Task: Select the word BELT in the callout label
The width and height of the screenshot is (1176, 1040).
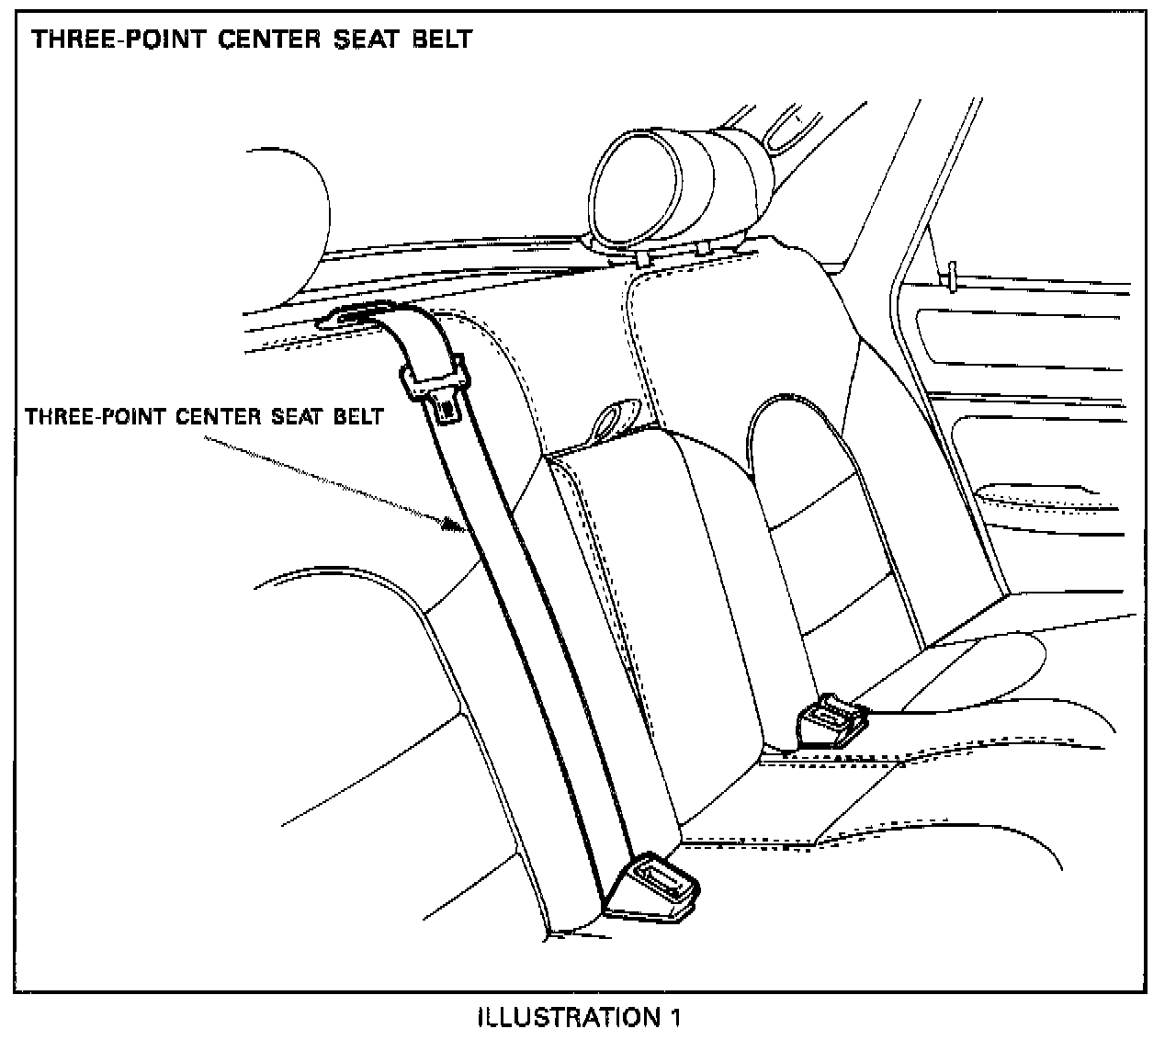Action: coord(362,417)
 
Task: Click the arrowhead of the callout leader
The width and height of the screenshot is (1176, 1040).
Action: coord(450,525)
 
